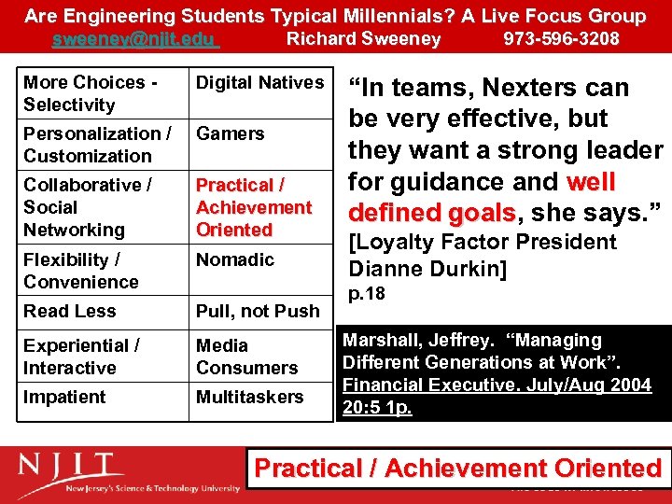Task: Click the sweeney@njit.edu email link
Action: pos(134,39)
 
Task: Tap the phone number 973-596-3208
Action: pos(561,39)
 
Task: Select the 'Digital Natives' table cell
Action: pos(259,83)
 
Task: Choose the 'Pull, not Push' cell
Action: pos(258,311)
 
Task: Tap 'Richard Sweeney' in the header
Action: pos(363,39)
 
